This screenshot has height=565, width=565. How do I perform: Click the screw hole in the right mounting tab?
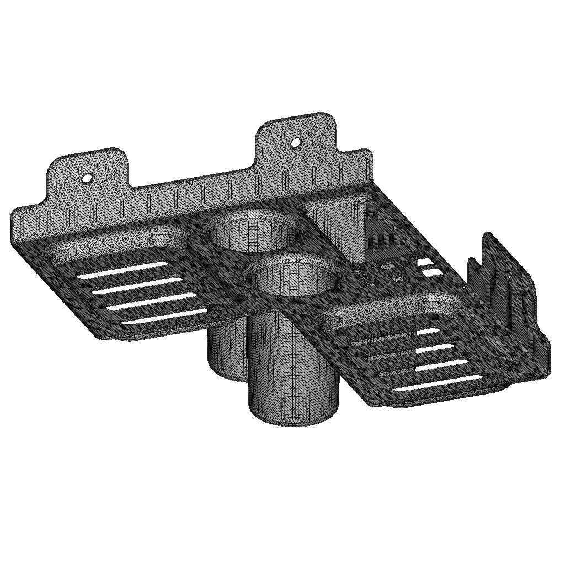point(296,142)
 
